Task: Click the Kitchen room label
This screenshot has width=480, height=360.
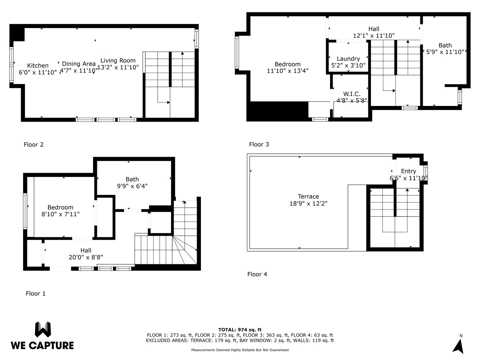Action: click(38, 66)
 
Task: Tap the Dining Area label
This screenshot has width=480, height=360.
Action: click(79, 64)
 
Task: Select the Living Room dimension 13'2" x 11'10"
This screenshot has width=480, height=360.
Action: click(118, 67)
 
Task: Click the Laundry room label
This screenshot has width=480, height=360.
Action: click(348, 59)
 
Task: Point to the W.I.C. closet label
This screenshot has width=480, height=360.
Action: click(352, 94)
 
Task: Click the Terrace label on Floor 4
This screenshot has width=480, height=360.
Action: click(308, 197)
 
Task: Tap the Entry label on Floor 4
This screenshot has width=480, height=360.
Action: click(408, 171)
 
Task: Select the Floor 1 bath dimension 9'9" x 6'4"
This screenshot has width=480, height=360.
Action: click(132, 186)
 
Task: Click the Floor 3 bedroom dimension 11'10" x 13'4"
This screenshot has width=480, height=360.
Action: click(288, 71)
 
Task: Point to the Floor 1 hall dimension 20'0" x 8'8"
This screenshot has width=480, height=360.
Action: click(86, 257)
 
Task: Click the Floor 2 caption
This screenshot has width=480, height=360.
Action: click(34, 145)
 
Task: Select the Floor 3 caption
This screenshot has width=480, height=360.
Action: click(259, 144)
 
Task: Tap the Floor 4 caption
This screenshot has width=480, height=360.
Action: click(257, 274)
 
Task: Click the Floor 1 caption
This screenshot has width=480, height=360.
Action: click(36, 294)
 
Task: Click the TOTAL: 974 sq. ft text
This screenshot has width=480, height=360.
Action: click(240, 330)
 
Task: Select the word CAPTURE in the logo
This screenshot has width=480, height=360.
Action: click(51, 346)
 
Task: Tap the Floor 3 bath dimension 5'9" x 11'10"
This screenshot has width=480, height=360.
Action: click(445, 52)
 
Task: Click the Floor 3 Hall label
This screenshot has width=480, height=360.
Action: click(374, 29)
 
